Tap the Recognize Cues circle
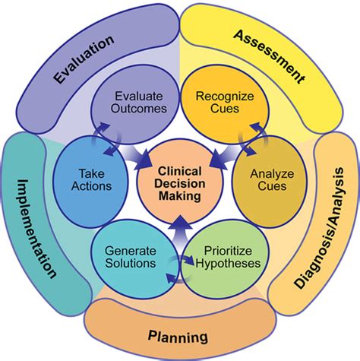[x=219, y=105]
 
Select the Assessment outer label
[x=269, y=57]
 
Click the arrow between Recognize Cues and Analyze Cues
[x=248, y=141]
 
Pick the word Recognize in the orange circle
[x=219, y=97]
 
